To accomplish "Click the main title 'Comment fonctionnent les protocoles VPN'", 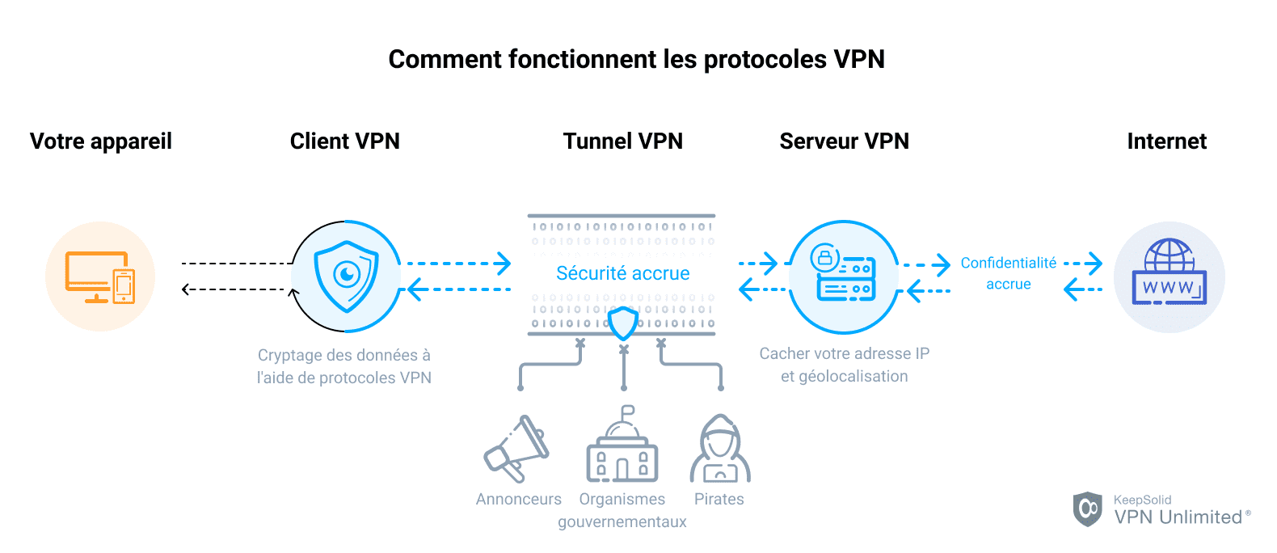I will tap(636, 59).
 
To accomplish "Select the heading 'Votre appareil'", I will tap(101, 141).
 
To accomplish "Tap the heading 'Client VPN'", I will tap(345, 141).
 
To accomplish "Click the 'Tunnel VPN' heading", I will tap(622, 141).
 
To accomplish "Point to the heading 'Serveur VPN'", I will tap(844, 141).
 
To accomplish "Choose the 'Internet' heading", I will tap(1166, 141).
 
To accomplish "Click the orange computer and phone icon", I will tap(100, 276).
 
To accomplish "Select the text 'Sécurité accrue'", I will tap(622, 273).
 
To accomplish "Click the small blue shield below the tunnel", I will tap(623, 323).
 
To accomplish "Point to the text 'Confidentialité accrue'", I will tap(1008, 273).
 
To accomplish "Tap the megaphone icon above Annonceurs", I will tap(517, 449).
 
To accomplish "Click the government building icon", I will tap(622, 449).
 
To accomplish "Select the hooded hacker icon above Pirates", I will tap(719, 449).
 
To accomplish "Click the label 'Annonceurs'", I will tap(518, 499).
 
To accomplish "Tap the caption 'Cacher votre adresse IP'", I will tap(844, 353).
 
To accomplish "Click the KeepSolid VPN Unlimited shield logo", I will tap(1087, 509).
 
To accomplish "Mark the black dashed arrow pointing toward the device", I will tap(234, 289).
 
